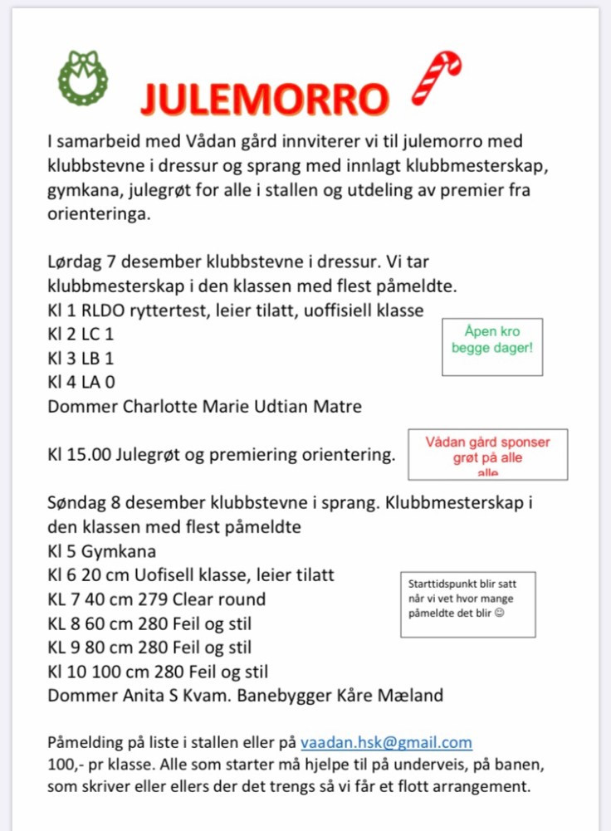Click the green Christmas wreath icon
tap(82, 77)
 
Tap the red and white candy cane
tap(437, 77)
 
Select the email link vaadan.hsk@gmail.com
tap(386, 742)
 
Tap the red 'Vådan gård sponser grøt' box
tap(487, 453)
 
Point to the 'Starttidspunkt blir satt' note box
tap(467, 604)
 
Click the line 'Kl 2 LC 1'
tap(81, 335)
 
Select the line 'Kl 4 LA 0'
tap(81, 383)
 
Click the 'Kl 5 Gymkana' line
tap(102, 551)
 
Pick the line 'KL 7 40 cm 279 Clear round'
tap(157, 599)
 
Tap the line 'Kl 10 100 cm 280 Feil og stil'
tap(158, 671)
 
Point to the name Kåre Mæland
tap(397, 695)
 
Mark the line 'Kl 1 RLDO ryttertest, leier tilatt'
tap(236, 311)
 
